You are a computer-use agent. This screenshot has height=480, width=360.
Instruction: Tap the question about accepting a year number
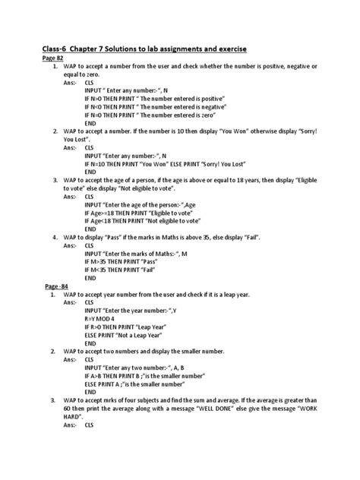coord(179,292)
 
